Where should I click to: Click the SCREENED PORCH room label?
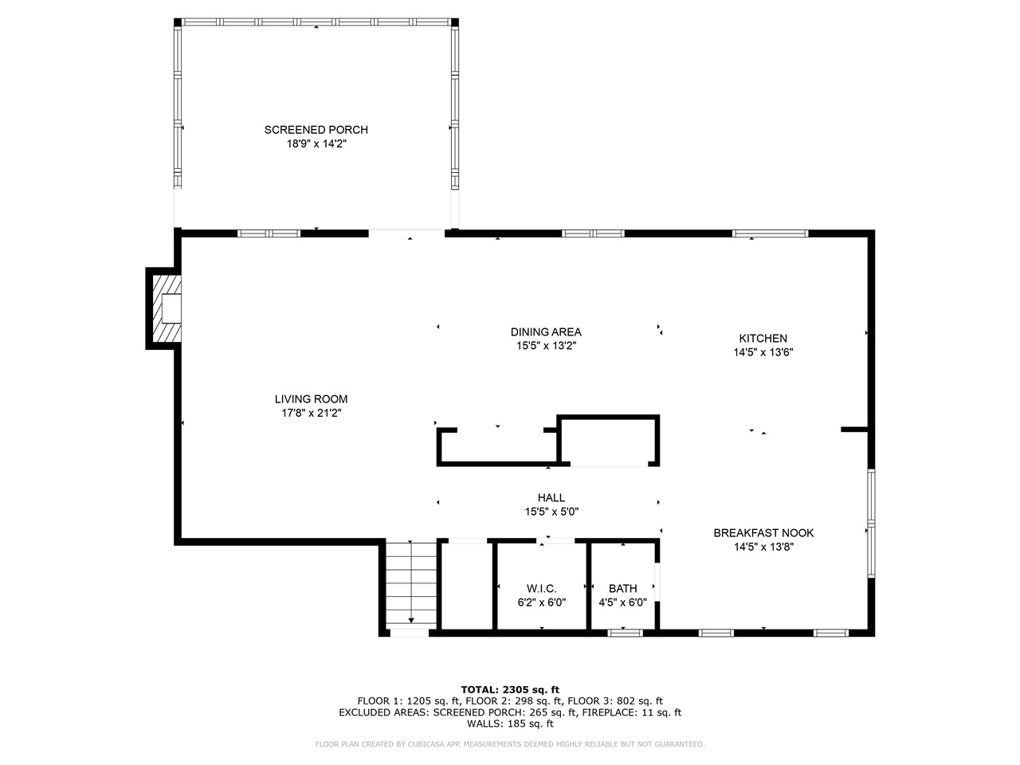click(x=316, y=130)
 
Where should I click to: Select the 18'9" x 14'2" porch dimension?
click(x=316, y=144)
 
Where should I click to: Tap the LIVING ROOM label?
click(x=311, y=399)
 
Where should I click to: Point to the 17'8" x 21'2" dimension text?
click(x=311, y=413)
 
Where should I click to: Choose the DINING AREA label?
click(x=546, y=331)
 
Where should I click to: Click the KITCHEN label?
click(x=763, y=339)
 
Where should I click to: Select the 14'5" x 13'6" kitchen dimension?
click(x=763, y=352)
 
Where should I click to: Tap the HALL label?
click(x=551, y=498)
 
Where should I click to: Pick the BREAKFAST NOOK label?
click(x=763, y=533)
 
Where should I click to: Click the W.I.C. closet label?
click(x=541, y=588)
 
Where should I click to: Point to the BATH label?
click(x=622, y=589)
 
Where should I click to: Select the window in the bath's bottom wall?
click(x=626, y=633)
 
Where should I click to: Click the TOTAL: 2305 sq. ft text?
click(x=510, y=689)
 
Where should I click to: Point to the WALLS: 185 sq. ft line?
click(x=510, y=724)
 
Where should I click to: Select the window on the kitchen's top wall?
click(x=770, y=233)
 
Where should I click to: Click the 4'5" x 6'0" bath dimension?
click(x=622, y=603)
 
